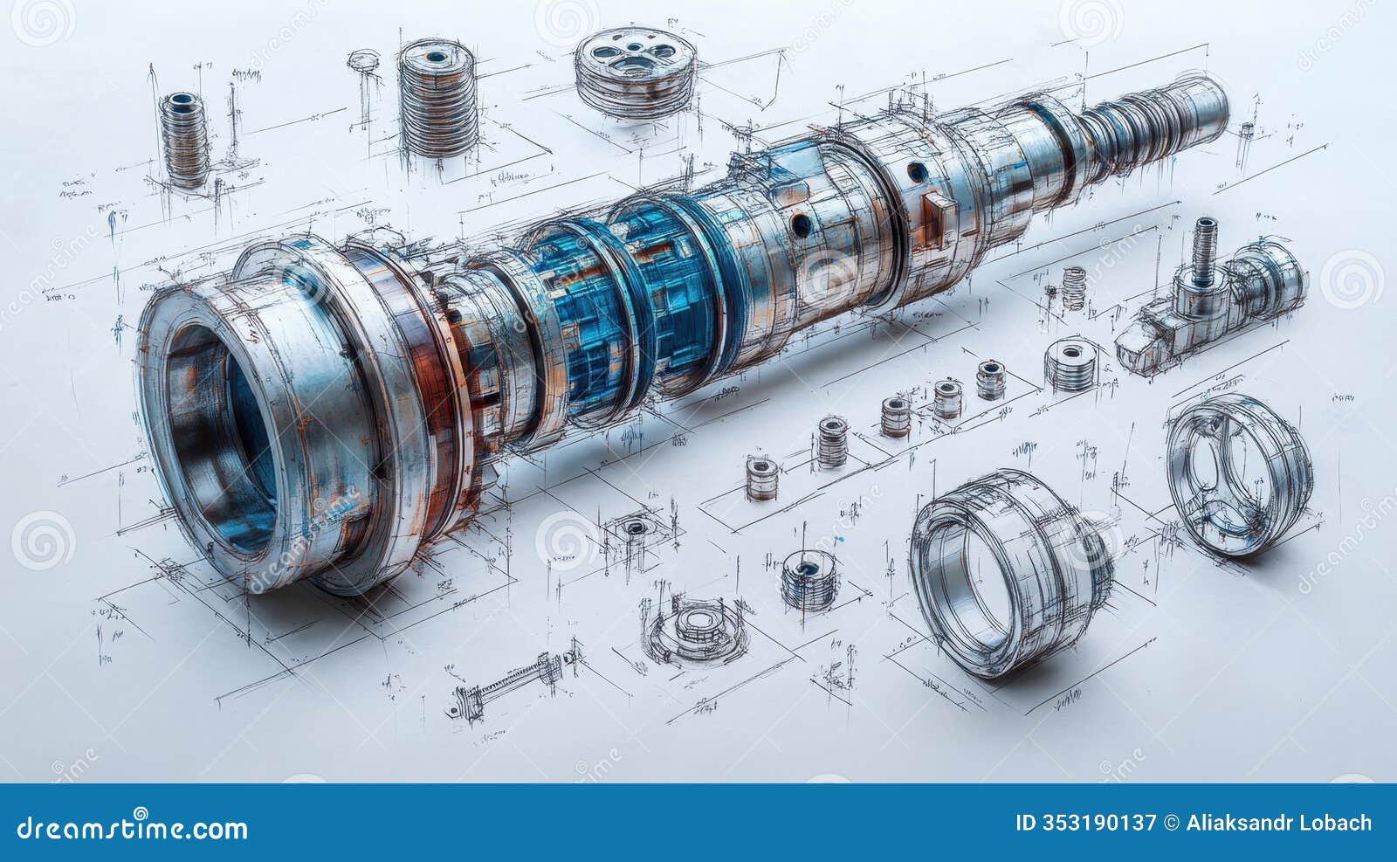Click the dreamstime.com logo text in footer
(x=133, y=826)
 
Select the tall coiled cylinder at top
(x=437, y=98)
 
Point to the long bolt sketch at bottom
(x=515, y=685)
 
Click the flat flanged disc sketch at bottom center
(x=696, y=626)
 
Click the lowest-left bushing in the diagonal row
(x=762, y=479)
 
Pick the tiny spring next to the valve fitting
(x=1074, y=287)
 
